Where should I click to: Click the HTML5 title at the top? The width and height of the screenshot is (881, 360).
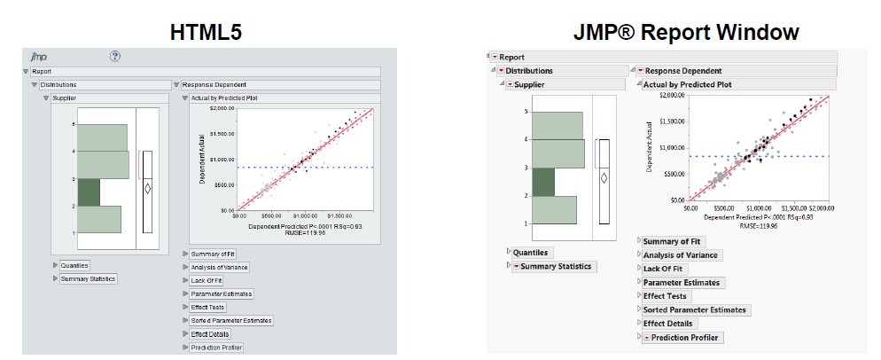[207, 32]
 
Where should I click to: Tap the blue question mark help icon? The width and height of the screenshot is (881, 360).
[114, 56]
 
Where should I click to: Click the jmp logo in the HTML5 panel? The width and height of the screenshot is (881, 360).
[39, 56]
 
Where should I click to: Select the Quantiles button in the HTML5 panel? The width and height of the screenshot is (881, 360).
[74, 264]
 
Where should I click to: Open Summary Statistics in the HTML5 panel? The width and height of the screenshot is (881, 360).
[88, 278]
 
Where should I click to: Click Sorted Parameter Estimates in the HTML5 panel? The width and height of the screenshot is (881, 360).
[231, 320]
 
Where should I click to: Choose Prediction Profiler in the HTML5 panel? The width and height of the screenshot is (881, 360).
[216, 348]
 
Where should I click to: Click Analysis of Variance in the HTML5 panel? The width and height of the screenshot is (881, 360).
[219, 267]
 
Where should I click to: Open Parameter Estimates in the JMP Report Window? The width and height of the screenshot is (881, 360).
[681, 282]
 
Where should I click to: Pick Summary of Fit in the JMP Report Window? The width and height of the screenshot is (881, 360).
[671, 241]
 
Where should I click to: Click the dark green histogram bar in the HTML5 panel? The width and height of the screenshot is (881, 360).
[89, 192]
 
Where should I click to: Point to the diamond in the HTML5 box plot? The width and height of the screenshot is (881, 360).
[147, 188]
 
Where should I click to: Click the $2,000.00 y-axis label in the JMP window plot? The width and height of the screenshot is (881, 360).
[668, 94]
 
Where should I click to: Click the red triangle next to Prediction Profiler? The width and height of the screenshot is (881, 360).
[646, 338]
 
